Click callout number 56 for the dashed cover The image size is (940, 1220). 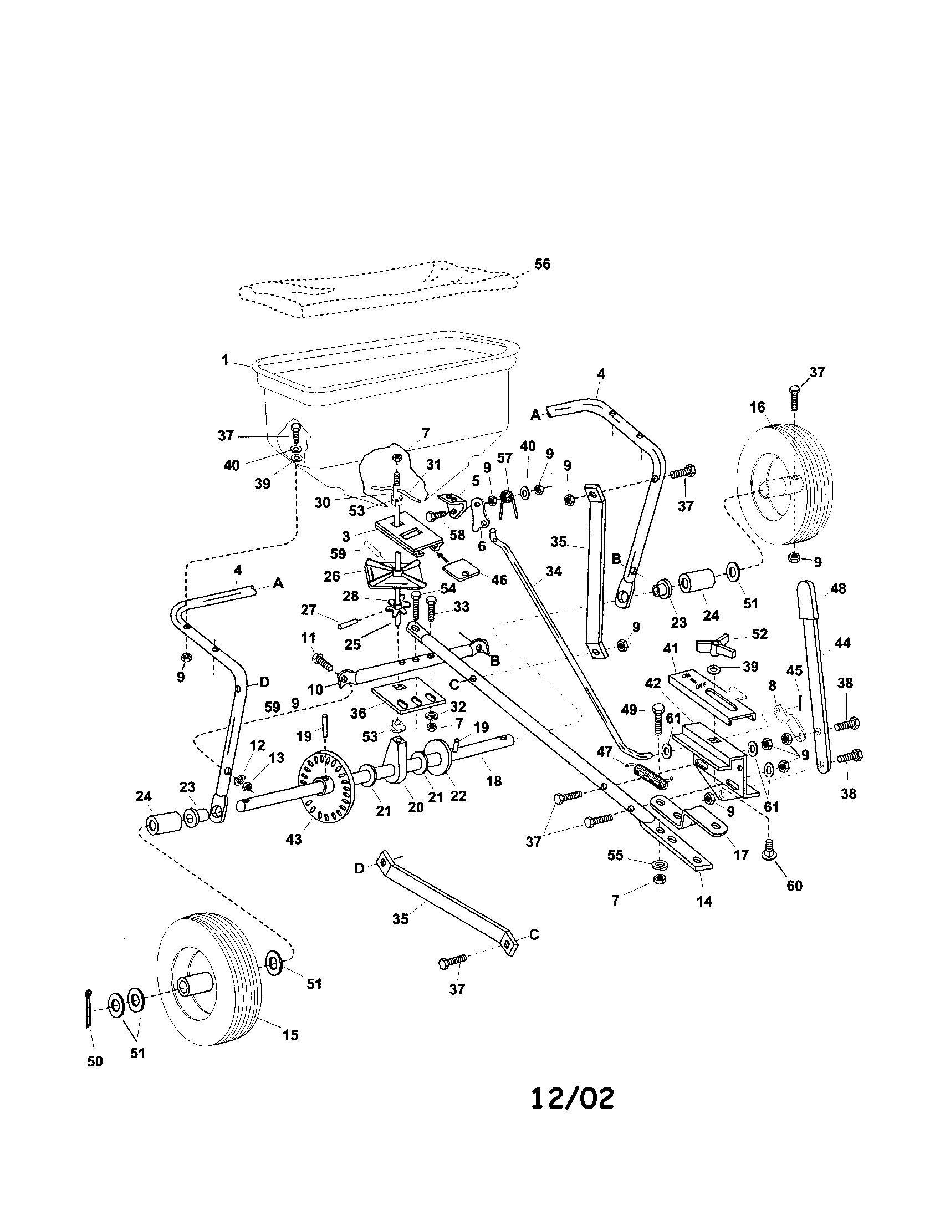coord(542,263)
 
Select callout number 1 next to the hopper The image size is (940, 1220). coord(225,360)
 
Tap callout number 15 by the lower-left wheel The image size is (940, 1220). coord(290,1035)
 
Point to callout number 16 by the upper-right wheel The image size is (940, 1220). coord(757,407)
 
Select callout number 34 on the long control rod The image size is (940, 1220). coord(554,571)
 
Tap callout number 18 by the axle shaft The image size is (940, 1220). coord(494,781)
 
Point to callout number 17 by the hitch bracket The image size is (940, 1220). coord(740,855)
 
